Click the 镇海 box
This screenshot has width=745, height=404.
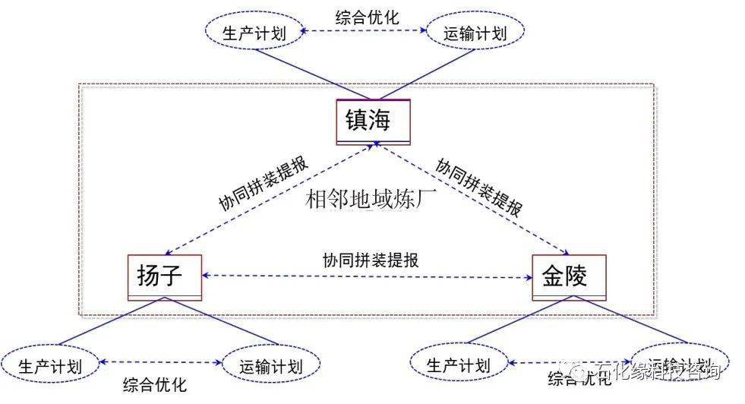pos(373,122)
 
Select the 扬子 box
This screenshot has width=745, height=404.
pos(165,276)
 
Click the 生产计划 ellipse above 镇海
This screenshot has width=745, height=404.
pos(253,32)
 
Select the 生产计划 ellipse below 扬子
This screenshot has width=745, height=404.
pos(51,365)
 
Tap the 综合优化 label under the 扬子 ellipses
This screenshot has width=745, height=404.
pos(154,384)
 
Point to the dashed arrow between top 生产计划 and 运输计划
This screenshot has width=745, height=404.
pos(363,32)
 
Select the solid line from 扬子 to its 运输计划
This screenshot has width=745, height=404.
pos(220,323)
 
